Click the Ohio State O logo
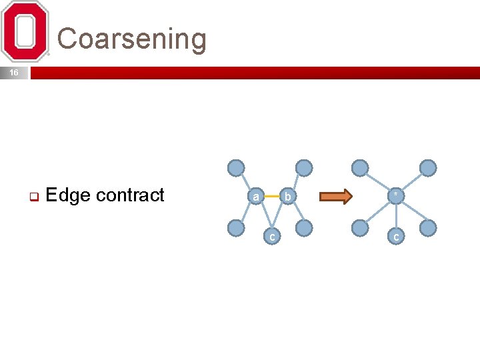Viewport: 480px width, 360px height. tap(25, 31)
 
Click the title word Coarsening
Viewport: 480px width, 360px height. tap(132, 39)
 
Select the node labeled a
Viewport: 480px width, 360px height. tap(255, 196)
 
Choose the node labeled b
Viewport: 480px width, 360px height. tap(287, 196)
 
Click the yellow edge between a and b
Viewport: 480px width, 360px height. tap(271, 196)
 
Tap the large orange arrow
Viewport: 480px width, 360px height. tap(335, 196)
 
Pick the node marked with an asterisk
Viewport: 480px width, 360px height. tap(396, 195)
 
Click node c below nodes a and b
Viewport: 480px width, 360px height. tap(271, 236)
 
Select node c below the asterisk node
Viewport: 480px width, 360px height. tap(396, 236)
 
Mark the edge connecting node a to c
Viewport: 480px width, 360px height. tap(263, 216)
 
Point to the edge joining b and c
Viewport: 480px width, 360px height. tap(279, 216)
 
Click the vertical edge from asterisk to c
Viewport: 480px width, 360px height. tap(396, 216)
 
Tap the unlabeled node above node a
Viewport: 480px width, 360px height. tap(236, 167)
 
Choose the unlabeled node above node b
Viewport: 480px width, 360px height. tap(303, 167)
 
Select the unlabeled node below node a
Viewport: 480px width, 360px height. tap(236, 228)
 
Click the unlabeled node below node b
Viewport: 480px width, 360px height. tap(303, 228)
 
